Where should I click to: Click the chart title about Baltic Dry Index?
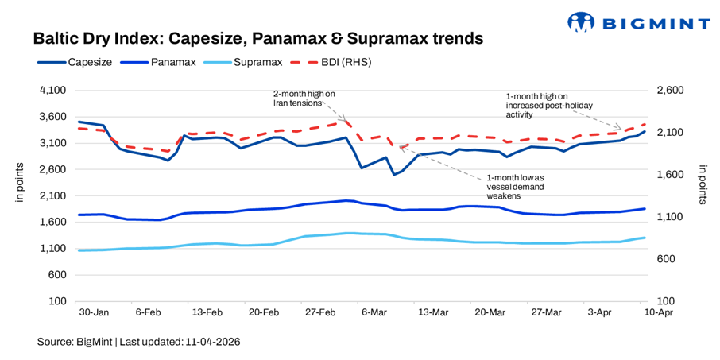pos(258,38)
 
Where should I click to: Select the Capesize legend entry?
pos(75,61)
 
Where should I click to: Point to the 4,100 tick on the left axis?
pos(53,91)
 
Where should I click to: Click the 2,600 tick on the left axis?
pos(53,169)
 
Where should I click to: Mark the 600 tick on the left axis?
pos(57,275)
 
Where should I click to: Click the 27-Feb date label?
pos(319,313)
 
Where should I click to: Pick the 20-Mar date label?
pos(490,313)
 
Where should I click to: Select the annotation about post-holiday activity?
pos(543,105)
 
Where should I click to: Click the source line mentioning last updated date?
pos(138,342)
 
